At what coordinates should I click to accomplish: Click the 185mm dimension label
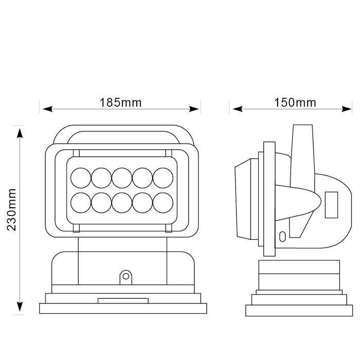pyautogui.click(x=120, y=102)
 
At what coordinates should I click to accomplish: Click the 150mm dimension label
pyautogui.click(x=295, y=102)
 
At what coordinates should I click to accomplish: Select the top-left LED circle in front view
pyautogui.click(x=81, y=178)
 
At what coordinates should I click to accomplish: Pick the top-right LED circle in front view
pyautogui.click(x=163, y=178)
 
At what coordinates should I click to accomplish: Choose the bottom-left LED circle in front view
pyautogui.click(x=81, y=202)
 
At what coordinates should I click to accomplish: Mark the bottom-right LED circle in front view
pyautogui.click(x=163, y=202)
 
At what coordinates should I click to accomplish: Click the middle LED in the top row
pyautogui.click(x=122, y=178)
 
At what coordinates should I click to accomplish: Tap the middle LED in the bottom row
pyautogui.click(x=122, y=202)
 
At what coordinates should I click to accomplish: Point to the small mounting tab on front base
pyautogui.click(x=125, y=277)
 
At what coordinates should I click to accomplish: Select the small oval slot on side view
pyautogui.click(x=282, y=237)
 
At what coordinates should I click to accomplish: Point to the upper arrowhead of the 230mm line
pyautogui.click(x=20, y=132)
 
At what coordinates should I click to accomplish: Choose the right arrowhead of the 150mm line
pyautogui.click(x=350, y=109)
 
